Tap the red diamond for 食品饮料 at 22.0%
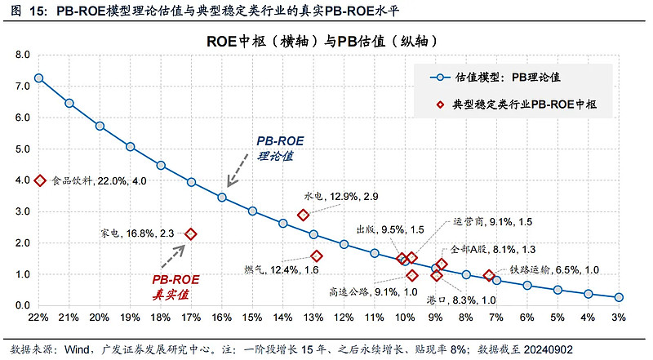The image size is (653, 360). click(x=38, y=180)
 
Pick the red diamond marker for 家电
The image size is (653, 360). click(x=191, y=233)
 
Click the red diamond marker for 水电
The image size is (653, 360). click(x=303, y=215)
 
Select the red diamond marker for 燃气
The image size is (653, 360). click(x=317, y=256)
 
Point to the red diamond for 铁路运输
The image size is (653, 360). click(x=489, y=275)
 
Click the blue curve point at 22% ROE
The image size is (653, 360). click(x=38, y=78)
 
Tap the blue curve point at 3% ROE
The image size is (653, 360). click(x=619, y=297)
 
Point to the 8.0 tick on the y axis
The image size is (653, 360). click(x=23, y=55)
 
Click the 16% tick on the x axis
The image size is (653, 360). click(x=221, y=317)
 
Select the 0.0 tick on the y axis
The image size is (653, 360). click(x=23, y=305)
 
